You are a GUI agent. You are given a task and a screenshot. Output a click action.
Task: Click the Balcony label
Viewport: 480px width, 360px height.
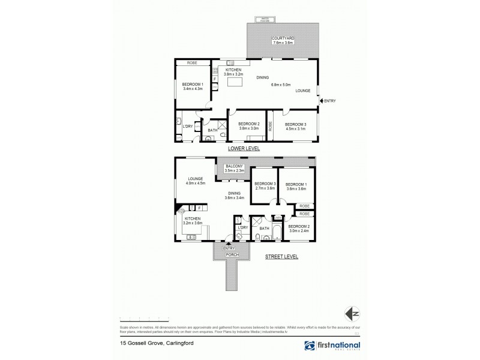point(235,169)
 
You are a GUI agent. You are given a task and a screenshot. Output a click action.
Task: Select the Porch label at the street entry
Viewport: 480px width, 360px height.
point(232,254)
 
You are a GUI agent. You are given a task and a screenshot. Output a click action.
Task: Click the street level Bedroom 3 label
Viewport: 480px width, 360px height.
point(264,186)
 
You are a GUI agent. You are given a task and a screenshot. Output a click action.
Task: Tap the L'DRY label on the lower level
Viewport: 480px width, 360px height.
point(187,125)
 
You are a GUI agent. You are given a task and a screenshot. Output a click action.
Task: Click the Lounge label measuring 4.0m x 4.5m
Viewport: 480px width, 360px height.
point(196,181)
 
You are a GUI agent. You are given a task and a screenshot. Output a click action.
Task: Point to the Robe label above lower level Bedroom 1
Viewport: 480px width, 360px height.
point(192,62)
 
